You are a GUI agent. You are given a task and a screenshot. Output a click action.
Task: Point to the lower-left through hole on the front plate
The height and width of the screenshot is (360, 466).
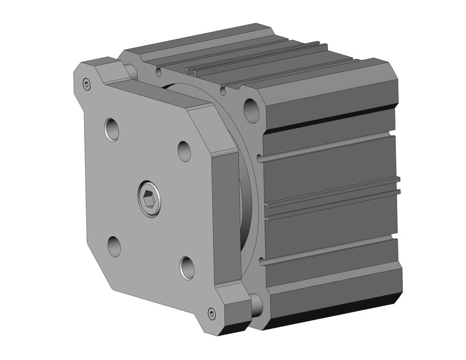[x=114, y=245]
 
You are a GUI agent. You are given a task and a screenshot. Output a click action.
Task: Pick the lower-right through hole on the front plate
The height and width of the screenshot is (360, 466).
[x=187, y=267]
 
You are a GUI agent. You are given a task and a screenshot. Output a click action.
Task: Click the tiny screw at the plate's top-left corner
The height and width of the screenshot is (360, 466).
[x=87, y=84]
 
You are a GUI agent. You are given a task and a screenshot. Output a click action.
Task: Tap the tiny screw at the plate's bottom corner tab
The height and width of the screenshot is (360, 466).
[x=212, y=313]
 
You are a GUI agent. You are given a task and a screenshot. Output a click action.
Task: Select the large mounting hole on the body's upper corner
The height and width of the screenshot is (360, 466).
[x=251, y=110]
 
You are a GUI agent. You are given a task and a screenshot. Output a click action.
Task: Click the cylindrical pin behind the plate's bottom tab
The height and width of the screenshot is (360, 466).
[x=256, y=304]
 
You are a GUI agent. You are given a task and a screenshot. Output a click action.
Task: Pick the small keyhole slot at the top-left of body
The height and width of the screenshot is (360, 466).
[x=159, y=72]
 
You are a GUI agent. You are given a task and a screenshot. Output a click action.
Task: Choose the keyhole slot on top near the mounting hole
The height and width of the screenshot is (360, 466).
[x=223, y=91]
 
